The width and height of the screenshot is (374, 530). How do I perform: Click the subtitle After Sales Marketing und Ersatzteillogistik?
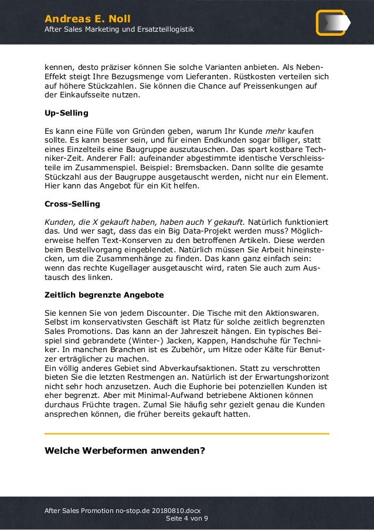pos(115,29)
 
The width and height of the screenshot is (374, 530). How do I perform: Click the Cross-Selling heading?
pos(72,204)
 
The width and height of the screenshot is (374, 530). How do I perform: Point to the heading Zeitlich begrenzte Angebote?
pos(104,294)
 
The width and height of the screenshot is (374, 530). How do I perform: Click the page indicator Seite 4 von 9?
pos(187,519)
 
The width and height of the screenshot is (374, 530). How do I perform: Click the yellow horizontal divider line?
pos(187,434)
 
